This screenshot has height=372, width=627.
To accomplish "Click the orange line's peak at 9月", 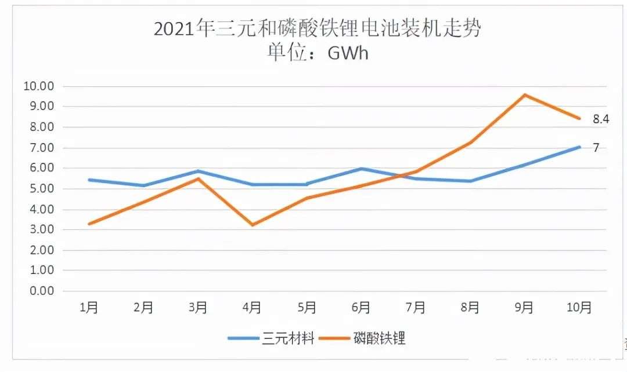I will point(525,94).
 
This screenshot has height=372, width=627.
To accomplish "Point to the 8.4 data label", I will point(600,119).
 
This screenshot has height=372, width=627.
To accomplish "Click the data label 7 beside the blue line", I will point(595,148).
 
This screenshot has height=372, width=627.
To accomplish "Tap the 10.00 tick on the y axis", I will point(38,86).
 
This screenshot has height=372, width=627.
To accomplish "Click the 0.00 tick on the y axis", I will point(41,291).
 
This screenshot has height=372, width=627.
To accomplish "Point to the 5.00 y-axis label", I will point(41,189).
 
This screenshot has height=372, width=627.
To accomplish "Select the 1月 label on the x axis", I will point(89,308).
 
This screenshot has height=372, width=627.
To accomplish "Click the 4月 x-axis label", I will point(252,308).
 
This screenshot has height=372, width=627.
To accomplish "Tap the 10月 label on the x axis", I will point(578,308).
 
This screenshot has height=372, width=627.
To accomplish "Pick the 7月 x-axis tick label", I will point(416,308).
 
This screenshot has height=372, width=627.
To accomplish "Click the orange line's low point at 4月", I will point(252,225).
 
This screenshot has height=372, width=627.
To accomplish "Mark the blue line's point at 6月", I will point(361,169).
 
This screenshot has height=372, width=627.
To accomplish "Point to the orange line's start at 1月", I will point(89,224).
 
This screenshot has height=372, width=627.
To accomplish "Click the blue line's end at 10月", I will point(579,147).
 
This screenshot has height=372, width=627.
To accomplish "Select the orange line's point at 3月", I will point(198,178).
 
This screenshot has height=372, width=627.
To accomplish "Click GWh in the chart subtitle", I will point(348,53).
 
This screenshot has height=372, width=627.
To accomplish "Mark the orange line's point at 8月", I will point(470,143).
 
